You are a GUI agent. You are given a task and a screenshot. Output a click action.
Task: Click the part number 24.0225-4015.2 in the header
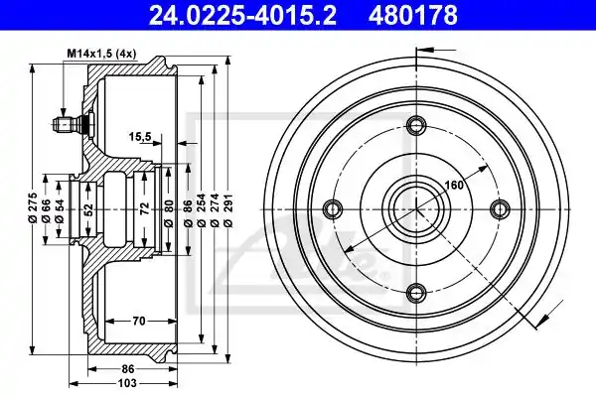click(x=242, y=15)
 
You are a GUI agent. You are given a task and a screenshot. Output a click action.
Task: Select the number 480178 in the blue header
click(x=413, y=15)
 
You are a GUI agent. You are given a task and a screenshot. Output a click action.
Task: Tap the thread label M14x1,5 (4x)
click(x=101, y=54)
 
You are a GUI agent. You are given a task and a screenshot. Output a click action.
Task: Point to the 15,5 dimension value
click(x=140, y=136)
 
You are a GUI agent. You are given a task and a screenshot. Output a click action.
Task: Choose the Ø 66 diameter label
click(x=46, y=210)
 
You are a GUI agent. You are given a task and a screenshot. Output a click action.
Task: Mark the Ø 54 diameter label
click(x=59, y=210)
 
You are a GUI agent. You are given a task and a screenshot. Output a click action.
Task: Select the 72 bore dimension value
click(x=144, y=209)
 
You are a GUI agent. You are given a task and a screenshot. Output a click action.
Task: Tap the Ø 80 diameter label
click(x=169, y=213)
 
